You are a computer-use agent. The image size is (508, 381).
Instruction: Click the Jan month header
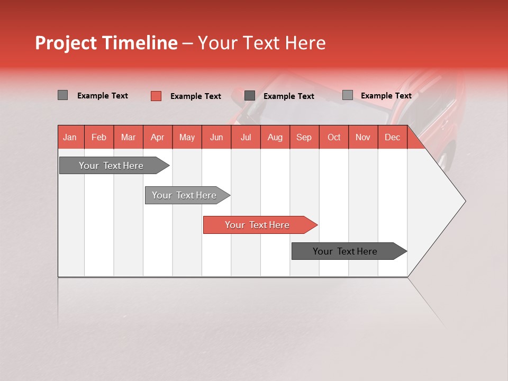click(x=70, y=137)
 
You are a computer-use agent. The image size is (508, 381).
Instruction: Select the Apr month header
click(x=158, y=137)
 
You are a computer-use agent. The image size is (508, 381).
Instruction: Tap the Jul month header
click(x=246, y=137)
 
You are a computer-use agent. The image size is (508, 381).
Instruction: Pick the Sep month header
click(x=304, y=137)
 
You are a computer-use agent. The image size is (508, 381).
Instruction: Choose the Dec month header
click(x=392, y=137)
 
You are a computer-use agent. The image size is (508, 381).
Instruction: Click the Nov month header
click(x=362, y=137)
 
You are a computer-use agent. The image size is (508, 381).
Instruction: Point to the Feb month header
click(x=99, y=137)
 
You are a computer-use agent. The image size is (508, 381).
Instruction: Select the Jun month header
click(x=216, y=137)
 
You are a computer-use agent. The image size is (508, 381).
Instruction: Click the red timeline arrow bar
click(x=258, y=225)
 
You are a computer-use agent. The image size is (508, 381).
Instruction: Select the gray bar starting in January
click(x=112, y=166)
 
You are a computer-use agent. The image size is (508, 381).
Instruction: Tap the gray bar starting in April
click(x=185, y=195)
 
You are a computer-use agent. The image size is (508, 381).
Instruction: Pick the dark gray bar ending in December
click(x=346, y=251)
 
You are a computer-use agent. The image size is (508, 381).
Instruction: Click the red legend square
click(x=156, y=96)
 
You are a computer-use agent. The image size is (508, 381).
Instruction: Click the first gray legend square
click(x=62, y=95)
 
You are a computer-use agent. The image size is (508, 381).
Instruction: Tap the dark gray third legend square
click(x=250, y=96)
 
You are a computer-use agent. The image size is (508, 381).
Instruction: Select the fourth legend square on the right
click(x=347, y=95)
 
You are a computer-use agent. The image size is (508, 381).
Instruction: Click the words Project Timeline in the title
click(x=106, y=43)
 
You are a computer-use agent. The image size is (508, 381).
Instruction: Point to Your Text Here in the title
click(x=261, y=43)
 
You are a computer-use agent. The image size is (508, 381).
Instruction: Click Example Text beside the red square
click(x=195, y=96)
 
